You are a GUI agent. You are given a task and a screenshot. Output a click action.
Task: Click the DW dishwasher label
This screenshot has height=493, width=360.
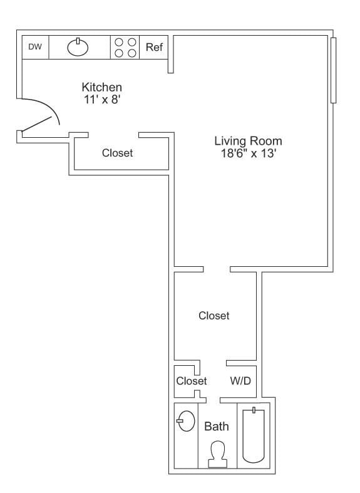[34, 47]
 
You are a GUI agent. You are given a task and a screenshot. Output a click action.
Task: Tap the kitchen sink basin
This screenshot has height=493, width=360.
[78, 47]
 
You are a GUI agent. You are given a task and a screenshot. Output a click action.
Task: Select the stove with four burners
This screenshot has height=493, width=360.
[125, 47]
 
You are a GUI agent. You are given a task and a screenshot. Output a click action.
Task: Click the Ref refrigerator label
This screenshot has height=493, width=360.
[154, 47]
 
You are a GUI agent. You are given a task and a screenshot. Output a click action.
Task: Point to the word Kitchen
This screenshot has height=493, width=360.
[101, 87]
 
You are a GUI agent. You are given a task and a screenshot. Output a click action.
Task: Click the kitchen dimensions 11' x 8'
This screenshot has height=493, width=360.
[101, 99]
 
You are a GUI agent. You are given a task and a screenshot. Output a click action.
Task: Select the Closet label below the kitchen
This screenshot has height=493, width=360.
[117, 153]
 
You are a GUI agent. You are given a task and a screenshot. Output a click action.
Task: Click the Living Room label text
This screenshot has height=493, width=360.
[248, 141]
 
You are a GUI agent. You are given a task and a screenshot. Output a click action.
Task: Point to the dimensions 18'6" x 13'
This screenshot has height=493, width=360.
[248, 153]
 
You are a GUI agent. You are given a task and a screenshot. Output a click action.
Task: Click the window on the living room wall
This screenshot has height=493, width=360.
[334, 70]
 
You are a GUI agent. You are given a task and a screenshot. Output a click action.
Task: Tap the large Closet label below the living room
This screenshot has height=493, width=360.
[213, 316]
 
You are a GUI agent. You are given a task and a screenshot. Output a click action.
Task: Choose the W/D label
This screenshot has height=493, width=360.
[240, 380]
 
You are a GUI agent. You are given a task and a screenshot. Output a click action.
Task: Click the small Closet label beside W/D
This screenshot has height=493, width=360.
[191, 381]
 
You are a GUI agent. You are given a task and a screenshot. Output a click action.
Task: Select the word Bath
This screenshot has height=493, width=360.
[217, 427]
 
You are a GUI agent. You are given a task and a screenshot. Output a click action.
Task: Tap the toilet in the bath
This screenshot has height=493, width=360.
[217, 454]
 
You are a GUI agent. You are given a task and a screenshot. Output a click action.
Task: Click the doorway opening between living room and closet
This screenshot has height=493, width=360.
[217, 269]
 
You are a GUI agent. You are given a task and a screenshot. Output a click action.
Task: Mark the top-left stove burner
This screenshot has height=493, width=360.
[119, 42]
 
